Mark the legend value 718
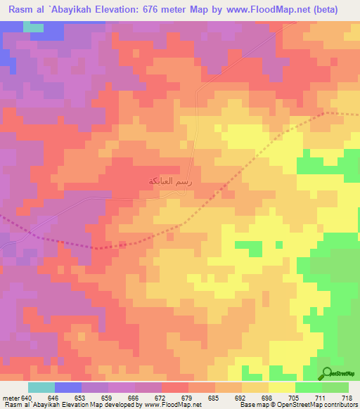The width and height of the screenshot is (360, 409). point(347,397)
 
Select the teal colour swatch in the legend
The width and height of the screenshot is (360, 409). point(41,387)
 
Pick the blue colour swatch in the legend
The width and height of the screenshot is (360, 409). point(68,387)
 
